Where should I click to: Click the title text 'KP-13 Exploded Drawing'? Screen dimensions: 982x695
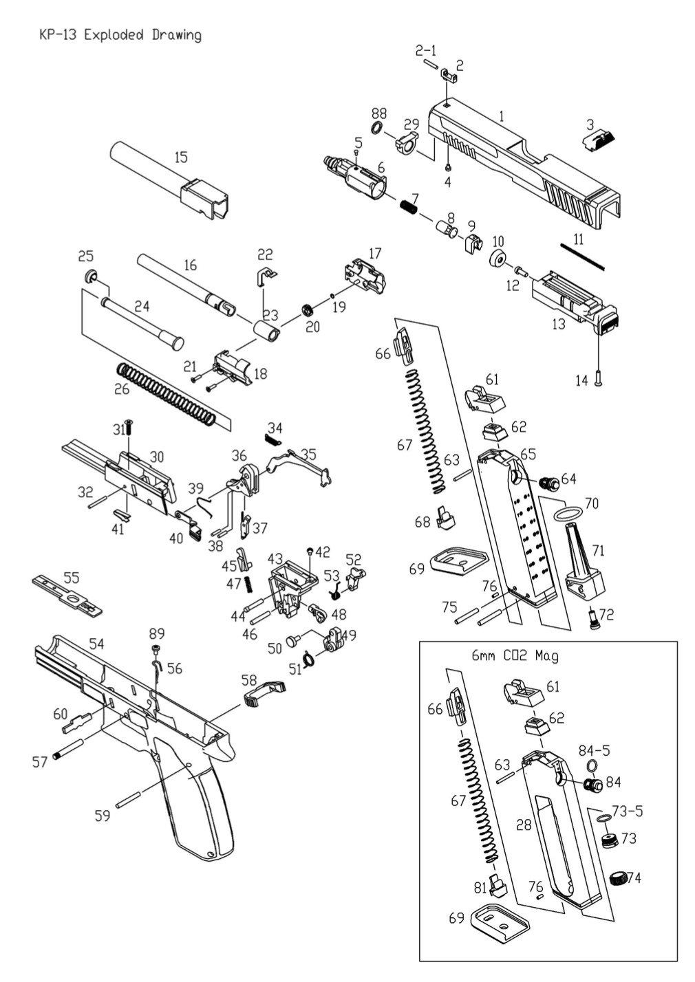[x=120, y=35]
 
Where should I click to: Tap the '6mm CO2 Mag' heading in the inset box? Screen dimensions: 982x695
[x=515, y=655]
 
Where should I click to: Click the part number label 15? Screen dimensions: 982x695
[x=180, y=157]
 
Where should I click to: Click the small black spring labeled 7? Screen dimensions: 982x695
[x=409, y=204]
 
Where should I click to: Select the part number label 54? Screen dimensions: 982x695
[x=96, y=644]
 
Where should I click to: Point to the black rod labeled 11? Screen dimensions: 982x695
[x=581, y=256]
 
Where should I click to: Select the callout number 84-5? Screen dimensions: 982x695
[x=594, y=750]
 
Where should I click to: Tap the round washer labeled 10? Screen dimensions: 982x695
[x=498, y=260]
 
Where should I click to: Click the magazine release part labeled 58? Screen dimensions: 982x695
[x=265, y=693]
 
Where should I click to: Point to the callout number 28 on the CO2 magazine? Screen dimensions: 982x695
[x=524, y=825]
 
